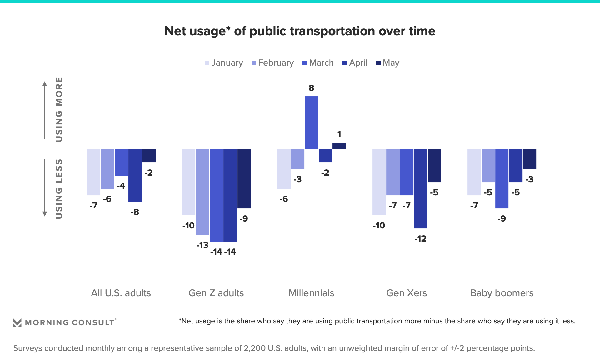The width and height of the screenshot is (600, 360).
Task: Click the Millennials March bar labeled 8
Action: coord(311,122)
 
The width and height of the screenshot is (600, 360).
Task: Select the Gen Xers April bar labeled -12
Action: coord(420,188)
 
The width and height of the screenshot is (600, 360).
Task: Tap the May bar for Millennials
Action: coord(339,146)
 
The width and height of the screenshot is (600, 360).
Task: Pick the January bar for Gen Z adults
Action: coord(189,182)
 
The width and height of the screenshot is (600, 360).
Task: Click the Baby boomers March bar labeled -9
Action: coord(502,178)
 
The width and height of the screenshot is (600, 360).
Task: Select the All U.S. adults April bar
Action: coord(135,175)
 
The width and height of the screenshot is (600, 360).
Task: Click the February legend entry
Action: coord(272,63)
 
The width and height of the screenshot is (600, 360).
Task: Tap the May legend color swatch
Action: coord(378,63)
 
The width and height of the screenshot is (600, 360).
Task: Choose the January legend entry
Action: coord(224,63)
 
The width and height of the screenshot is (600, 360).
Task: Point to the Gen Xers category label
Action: coord(406,293)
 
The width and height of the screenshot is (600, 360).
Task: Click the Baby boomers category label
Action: coord(502,293)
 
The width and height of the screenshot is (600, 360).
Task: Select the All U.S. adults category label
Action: coord(121,293)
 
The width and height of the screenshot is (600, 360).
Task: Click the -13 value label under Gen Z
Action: coord(202,245)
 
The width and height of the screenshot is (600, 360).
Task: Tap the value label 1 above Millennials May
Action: coord(339,134)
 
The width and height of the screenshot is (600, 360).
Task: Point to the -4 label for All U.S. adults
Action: coord(121,186)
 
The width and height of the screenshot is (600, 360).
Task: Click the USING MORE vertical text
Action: coord(59,109)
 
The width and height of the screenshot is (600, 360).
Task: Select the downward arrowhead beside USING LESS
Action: coord(45,214)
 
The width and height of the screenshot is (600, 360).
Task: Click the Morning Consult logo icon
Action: coord(17,322)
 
